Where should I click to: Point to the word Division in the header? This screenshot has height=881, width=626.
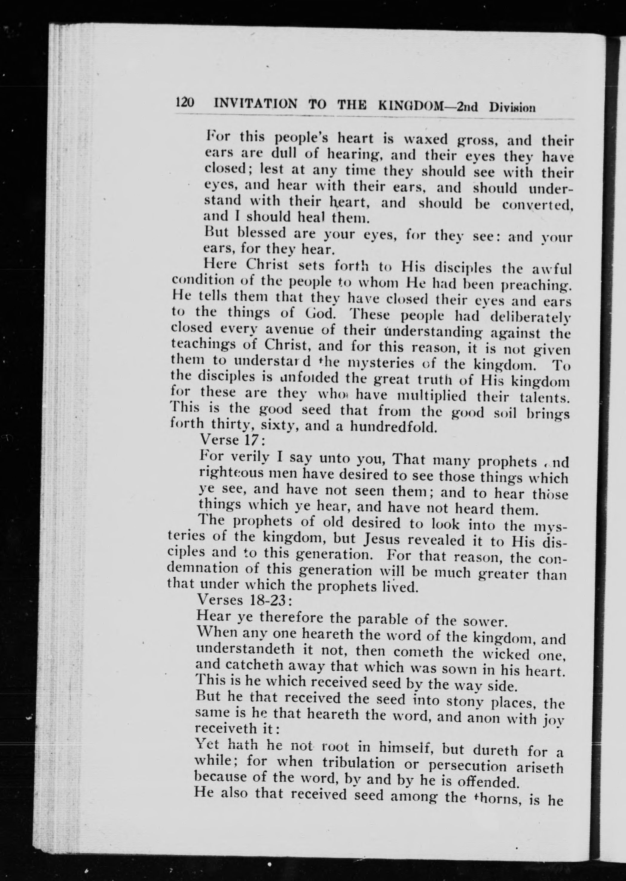[x=512, y=108]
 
